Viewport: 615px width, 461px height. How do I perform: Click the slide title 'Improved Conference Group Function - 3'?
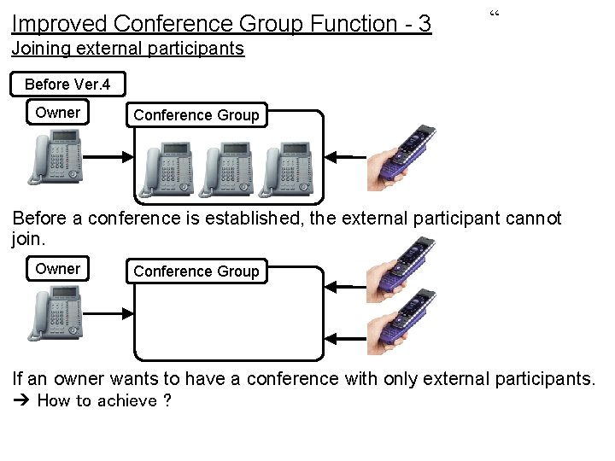point(221,23)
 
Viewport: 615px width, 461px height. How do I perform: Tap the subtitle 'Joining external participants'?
point(128,49)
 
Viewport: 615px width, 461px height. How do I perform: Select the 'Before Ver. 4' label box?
point(67,84)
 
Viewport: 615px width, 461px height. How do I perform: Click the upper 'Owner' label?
point(57,113)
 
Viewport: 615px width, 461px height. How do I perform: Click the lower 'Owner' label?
point(57,269)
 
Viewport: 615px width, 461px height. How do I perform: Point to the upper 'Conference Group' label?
point(196,115)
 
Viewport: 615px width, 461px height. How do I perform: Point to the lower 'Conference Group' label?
point(196,271)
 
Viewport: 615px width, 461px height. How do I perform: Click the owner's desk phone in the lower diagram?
point(57,313)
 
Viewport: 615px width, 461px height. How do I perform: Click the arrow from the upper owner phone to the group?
point(108,156)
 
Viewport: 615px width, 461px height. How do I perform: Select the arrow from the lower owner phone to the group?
point(108,313)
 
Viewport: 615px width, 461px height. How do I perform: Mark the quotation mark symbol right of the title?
point(494,14)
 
